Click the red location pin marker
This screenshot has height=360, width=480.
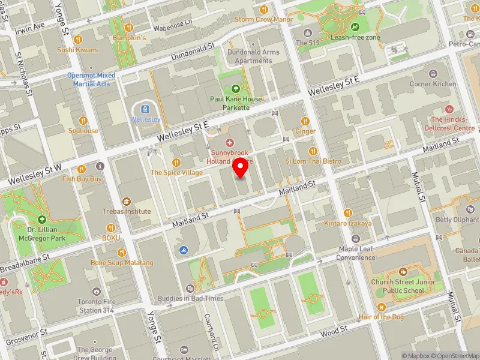[x=240, y=169]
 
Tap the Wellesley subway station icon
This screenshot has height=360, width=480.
[x=145, y=109]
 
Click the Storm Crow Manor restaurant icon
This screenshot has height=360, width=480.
[x=264, y=10]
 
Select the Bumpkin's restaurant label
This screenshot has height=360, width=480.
[x=130, y=38]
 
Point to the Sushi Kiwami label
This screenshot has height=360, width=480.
[x=77, y=50]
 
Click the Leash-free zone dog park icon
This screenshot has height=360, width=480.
[x=355, y=27]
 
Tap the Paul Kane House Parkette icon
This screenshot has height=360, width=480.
[x=235, y=89]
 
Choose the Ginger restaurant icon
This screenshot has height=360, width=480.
[x=305, y=121]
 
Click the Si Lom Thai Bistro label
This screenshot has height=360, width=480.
[x=313, y=161]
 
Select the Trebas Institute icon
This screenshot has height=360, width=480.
[x=126, y=201]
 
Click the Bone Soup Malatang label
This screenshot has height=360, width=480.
[x=122, y=263]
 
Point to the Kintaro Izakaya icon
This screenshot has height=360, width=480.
[x=348, y=213]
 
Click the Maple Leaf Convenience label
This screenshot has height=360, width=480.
[x=356, y=253]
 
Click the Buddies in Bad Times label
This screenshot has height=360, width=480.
[x=191, y=298]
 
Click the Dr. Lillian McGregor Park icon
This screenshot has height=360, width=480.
[x=41, y=219]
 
